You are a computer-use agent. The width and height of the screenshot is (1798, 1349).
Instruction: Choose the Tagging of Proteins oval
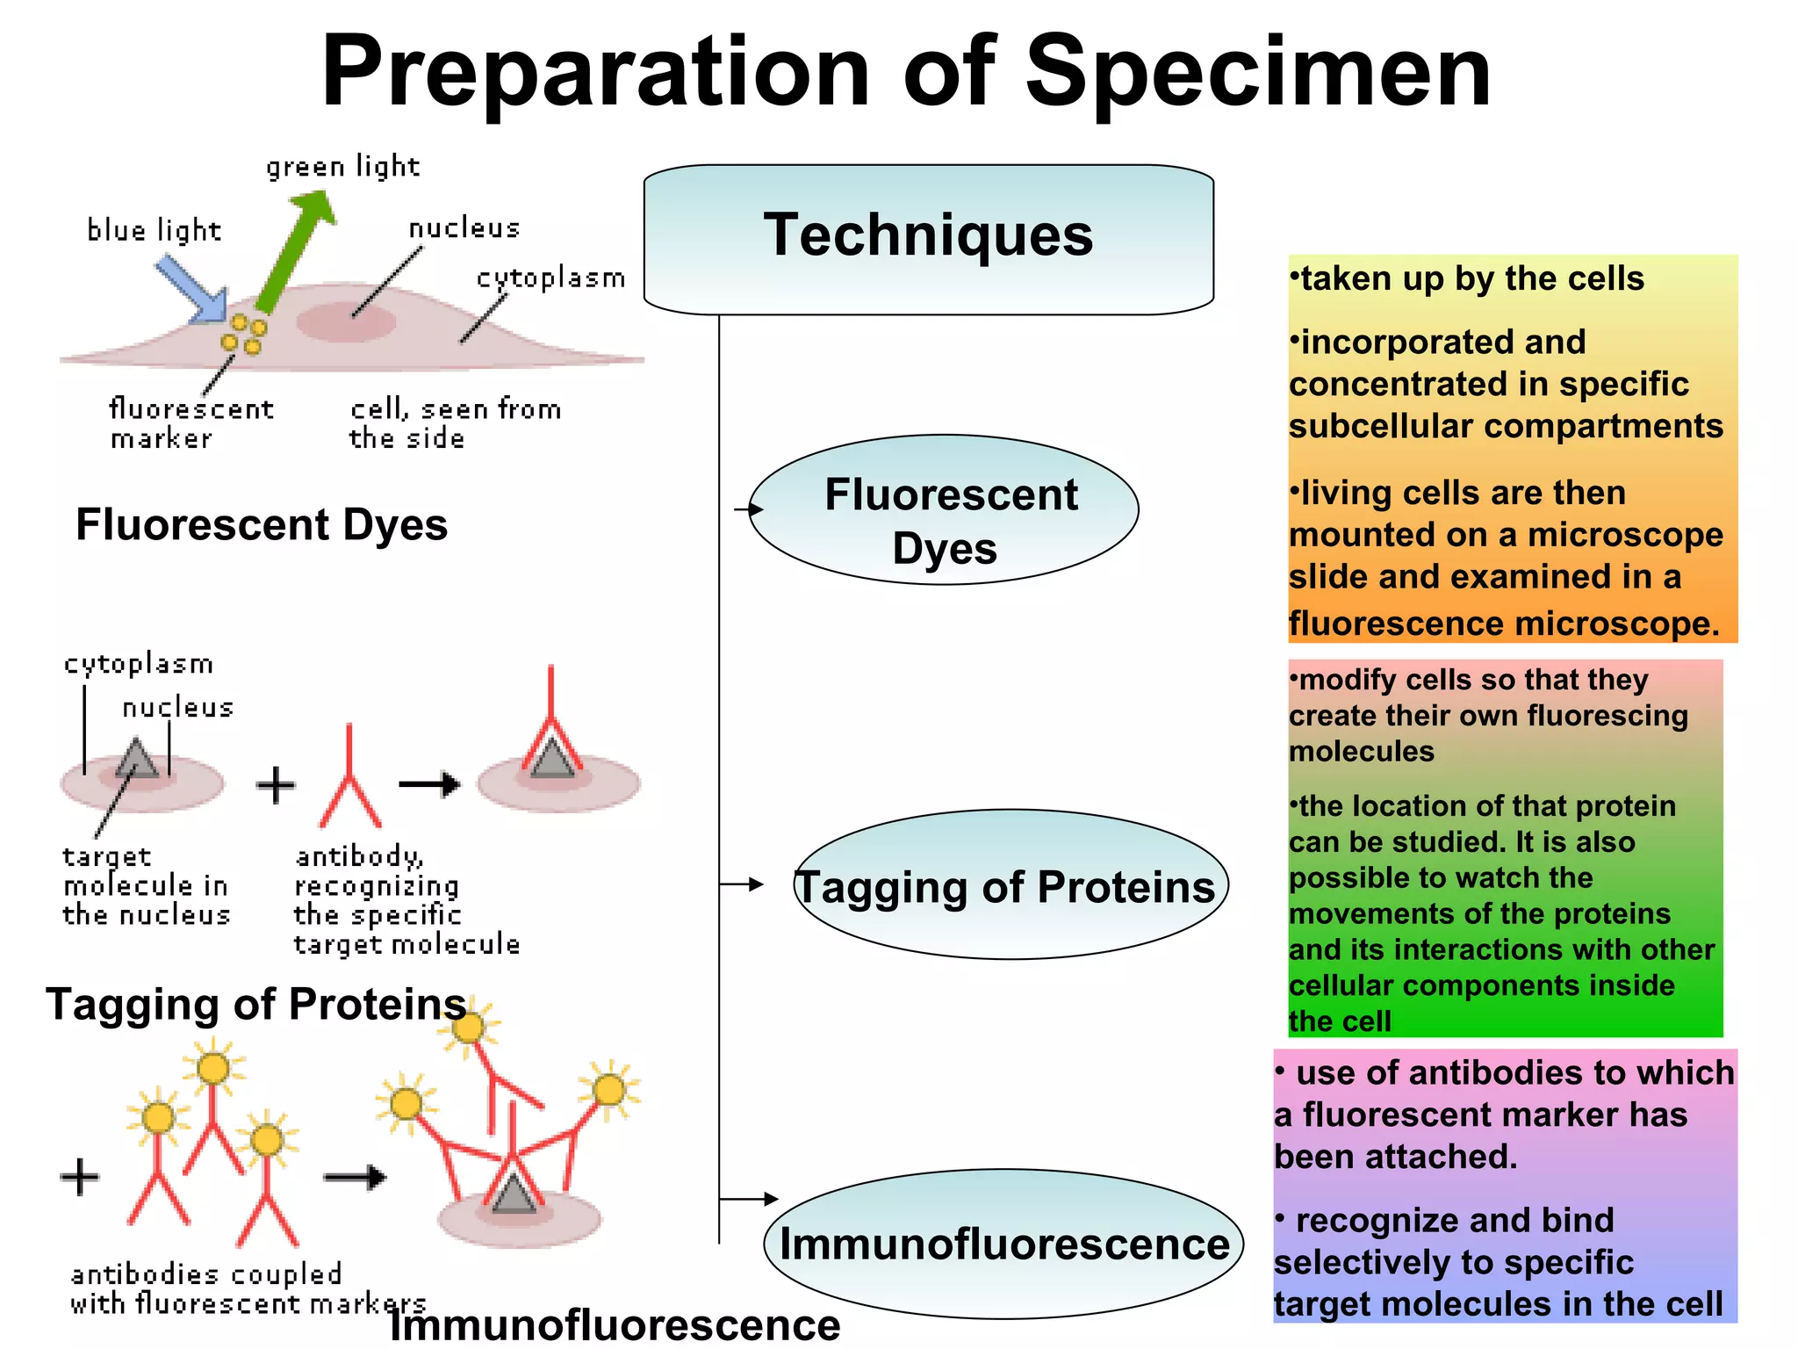pyautogui.click(x=1010, y=885)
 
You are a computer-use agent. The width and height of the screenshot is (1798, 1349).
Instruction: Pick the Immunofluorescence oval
pyautogui.click(x=1003, y=1244)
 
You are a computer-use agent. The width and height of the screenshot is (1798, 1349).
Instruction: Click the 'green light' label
pyautogui.click(x=342, y=167)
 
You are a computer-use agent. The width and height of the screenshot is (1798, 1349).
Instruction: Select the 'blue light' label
pyautogui.click(x=154, y=231)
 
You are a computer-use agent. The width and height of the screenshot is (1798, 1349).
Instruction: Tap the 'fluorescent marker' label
pyautogui.click(x=189, y=423)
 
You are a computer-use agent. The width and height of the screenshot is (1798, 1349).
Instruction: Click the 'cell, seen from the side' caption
pyautogui.click(x=454, y=423)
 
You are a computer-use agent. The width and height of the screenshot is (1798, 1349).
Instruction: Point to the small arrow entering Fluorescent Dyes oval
pyautogui.click(x=748, y=509)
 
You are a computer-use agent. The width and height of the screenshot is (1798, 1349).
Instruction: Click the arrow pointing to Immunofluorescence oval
pyautogui.click(x=749, y=1199)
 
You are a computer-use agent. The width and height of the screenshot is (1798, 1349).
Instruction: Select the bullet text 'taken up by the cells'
pyautogui.click(x=1471, y=279)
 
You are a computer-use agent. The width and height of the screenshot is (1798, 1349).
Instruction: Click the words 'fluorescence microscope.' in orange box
pyautogui.click(x=1503, y=624)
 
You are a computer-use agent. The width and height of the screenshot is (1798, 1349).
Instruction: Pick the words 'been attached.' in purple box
pyautogui.click(x=1396, y=1157)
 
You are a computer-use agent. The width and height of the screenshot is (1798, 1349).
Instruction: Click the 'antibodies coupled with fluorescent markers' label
pyautogui.click(x=246, y=1288)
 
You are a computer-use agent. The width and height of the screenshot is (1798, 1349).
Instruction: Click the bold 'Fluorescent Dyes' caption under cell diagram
pyautogui.click(x=262, y=525)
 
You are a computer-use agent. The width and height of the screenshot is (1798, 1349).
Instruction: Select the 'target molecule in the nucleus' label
pyautogui.click(x=147, y=885)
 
